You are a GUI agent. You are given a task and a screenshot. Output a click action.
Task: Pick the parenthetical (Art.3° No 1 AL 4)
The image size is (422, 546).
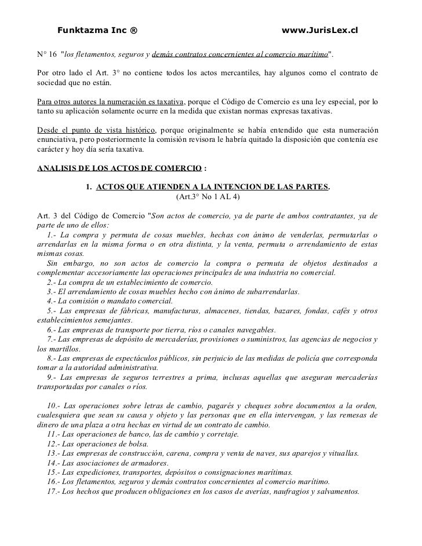tap(207, 197)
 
